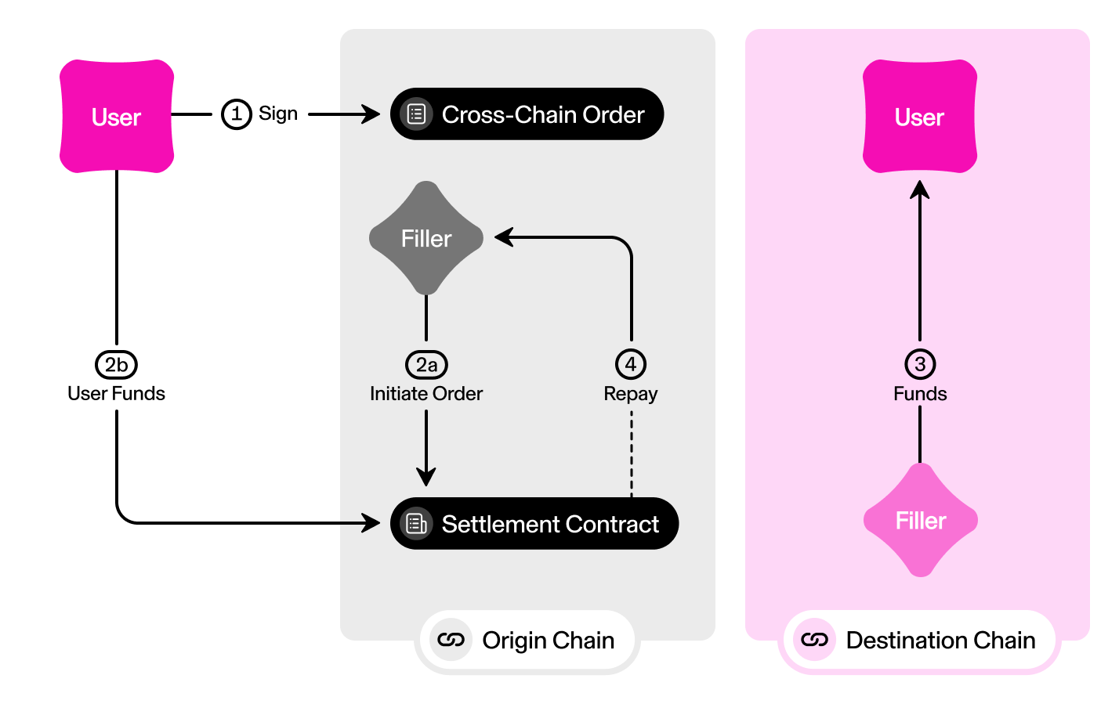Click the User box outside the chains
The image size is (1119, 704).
tap(117, 117)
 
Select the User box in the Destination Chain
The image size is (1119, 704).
tap(919, 117)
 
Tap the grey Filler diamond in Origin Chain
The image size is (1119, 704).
tap(426, 238)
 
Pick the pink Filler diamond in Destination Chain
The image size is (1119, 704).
tap(921, 520)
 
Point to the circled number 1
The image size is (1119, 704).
tap(236, 114)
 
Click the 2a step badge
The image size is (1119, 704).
tap(426, 364)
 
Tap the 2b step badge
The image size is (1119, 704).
tap(116, 364)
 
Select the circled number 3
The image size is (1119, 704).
tap(920, 364)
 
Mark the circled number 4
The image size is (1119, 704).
tap(631, 364)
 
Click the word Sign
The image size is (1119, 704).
tap(278, 114)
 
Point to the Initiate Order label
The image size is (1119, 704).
tap(426, 393)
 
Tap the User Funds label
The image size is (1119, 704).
tap(116, 393)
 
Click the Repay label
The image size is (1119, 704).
tap(631, 393)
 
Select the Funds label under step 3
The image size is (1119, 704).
tap(920, 393)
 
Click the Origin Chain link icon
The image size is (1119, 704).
tap(451, 640)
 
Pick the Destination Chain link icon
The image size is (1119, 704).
tap(814, 640)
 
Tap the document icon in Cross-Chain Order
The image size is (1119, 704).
tap(416, 114)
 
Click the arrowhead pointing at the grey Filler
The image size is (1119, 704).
tap(504, 237)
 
